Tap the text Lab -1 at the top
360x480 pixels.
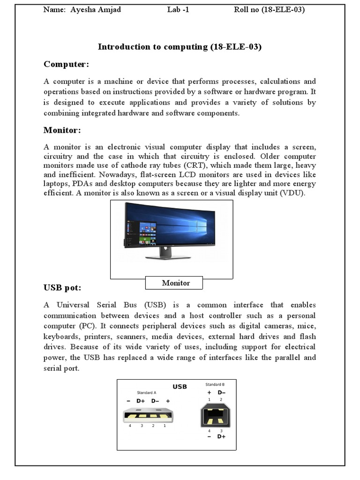click(x=178, y=10)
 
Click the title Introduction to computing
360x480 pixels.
click(x=180, y=47)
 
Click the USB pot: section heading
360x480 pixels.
click(x=66, y=287)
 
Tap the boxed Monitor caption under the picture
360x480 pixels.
click(x=176, y=283)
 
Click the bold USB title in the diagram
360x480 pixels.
click(x=180, y=387)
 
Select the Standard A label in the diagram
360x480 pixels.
click(x=147, y=393)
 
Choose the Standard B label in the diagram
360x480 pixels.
click(x=215, y=384)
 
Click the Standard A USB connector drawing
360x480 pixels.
click(x=148, y=415)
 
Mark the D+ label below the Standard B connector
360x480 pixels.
click(x=221, y=437)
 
